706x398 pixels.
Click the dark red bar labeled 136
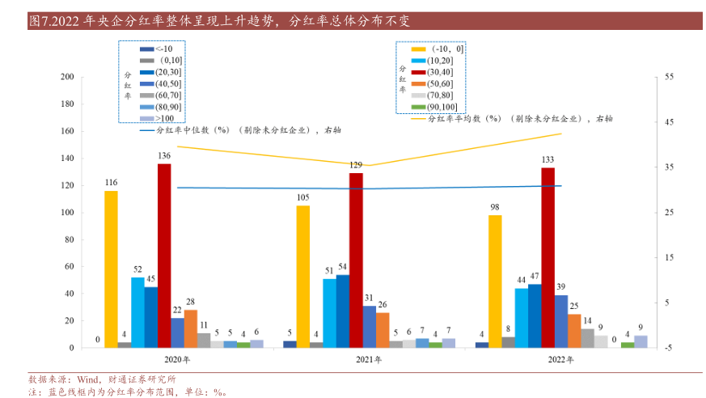tap(164, 256)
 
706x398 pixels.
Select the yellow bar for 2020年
tap(111, 269)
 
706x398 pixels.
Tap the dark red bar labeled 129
tap(356, 260)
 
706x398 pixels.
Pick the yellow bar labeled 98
tap(495, 282)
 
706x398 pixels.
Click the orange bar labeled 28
tap(191, 328)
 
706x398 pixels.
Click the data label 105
tap(302, 197)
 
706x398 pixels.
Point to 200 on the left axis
tap(67, 77)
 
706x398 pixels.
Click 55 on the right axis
tap(669, 77)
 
